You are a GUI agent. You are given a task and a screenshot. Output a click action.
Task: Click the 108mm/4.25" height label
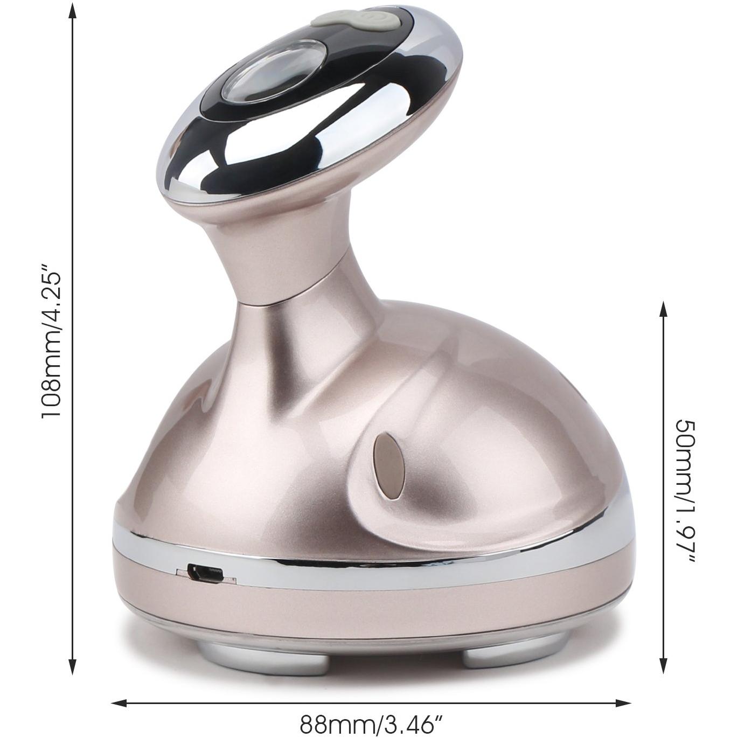point(51,340)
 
